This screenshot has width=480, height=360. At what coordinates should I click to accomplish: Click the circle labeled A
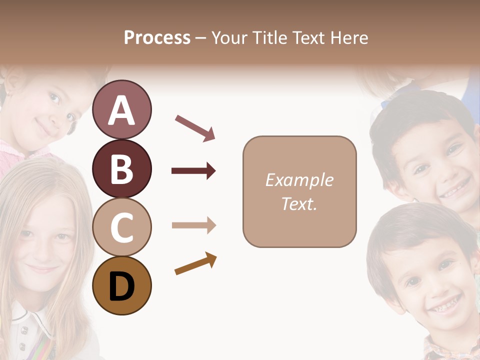[x=122, y=109]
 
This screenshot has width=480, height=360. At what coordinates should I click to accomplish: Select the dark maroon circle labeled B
[x=122, y=168]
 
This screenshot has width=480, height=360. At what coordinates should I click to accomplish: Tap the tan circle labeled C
[x=122, y=227]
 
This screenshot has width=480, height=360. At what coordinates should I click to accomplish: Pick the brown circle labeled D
[x=122, y=286]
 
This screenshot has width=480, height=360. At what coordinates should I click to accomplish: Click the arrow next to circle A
[x=195, y=127]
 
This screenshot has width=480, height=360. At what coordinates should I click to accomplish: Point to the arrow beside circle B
[x=193, y=171]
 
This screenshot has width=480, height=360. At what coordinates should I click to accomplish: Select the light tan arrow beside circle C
[x=193, y=225]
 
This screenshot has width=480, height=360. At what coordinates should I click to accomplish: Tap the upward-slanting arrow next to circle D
[x=195, y=263]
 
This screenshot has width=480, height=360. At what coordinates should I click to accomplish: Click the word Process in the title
[x=157, y=37]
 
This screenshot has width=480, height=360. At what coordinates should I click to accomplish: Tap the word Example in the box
[x=299, y=180]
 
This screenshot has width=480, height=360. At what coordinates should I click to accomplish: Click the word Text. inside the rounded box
[x=299, y=203]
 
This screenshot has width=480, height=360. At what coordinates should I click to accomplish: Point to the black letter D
[x=122, y=287]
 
